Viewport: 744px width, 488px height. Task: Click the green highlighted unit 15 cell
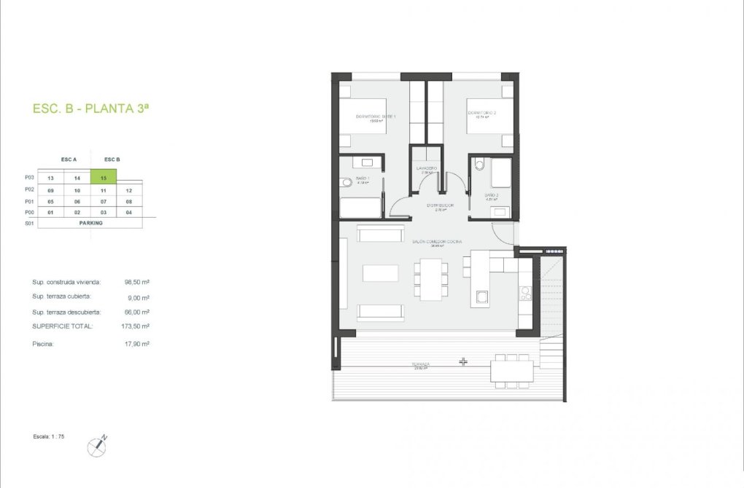click(104, 177)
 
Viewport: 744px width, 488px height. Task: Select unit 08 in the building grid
click(128, 201)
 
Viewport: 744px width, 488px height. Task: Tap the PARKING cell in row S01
click(90, 223)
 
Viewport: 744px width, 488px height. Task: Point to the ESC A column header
click(69, 159)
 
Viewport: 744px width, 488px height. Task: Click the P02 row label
click(29, 189)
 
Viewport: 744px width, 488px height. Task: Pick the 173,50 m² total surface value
click(136, 326)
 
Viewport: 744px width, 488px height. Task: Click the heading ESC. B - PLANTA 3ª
click(91, 109)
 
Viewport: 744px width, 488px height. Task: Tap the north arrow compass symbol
click(97, 445)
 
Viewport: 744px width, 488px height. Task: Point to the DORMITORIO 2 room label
click(482, 113)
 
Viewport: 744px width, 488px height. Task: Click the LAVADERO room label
click(426, 168)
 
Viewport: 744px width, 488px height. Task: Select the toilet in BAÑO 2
click(478, 166)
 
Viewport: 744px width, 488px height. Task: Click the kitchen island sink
click(481, 296)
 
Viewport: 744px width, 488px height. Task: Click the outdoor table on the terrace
click(511, 371)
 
